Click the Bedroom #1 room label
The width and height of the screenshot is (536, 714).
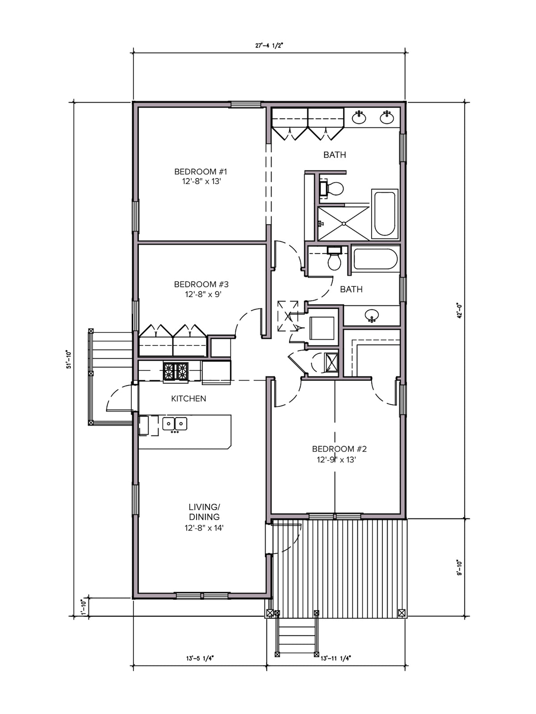pos(201,176)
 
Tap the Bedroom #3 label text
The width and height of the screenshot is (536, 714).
pos(201,289)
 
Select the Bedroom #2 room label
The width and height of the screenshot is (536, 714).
pos(339,454)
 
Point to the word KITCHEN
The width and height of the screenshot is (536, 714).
pos(189,399)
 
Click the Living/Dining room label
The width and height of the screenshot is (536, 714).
pos(204,517)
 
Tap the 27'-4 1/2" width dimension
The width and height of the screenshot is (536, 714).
pos(269,45)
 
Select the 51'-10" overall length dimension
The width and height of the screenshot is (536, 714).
pos(68,359)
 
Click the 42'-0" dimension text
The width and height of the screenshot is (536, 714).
pos(459,311)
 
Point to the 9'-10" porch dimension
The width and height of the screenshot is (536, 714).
pos(459,568)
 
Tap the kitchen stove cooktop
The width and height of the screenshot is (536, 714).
pos(176,371)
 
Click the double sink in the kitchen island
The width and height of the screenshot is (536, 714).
pos(175,424)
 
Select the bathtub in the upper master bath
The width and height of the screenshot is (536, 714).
pos(385,214)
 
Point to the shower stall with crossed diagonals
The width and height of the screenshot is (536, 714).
pos(343,224)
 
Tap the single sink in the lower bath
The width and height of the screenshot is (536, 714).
pos(372,315)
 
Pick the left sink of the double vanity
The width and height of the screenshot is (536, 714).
pos(359,117)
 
